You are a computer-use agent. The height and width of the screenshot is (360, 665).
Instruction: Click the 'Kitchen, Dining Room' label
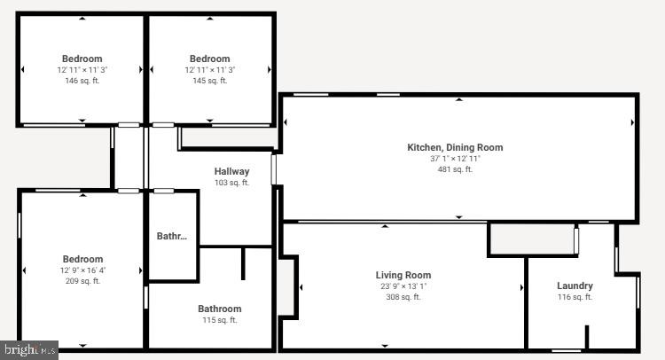pos(455,147)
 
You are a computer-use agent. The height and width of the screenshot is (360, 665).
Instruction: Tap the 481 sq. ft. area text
pos(455,169)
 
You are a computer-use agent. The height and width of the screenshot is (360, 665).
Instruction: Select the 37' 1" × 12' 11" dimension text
pos(455,159)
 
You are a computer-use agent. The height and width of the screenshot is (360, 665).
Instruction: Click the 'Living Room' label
pos(403,275)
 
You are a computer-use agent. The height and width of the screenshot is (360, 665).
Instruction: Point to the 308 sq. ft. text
pos(403,297)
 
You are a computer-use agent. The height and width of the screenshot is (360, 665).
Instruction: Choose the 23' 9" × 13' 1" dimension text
pos(403,286)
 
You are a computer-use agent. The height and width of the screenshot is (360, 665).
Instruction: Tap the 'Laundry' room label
pos(575,286)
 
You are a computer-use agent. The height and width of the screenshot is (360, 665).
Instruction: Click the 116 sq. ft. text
pos(575,297)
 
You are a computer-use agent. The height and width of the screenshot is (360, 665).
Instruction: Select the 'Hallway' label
pos(231,171)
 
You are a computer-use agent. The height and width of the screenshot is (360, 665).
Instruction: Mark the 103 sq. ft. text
pos(231,183)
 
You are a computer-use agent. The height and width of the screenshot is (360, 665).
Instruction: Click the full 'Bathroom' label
pos(219,309)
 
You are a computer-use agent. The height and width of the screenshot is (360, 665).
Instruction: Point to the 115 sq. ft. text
pos(219,320)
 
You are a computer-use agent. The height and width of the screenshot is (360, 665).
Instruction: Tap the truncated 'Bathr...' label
pos(172,236)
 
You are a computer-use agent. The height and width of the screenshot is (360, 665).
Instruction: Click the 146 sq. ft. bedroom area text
pos(82,81)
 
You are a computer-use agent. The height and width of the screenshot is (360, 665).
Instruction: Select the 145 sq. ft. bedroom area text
pos(209,81)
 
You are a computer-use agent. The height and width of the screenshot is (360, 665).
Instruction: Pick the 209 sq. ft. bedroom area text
pos(82,281)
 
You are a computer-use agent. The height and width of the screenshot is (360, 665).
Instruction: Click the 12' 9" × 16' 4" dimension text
pos(82,270)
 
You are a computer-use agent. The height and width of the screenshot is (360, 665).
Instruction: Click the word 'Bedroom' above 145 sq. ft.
pos(209,59)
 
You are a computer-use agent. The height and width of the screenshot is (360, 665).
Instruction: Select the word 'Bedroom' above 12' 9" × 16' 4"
pos(82,259)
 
